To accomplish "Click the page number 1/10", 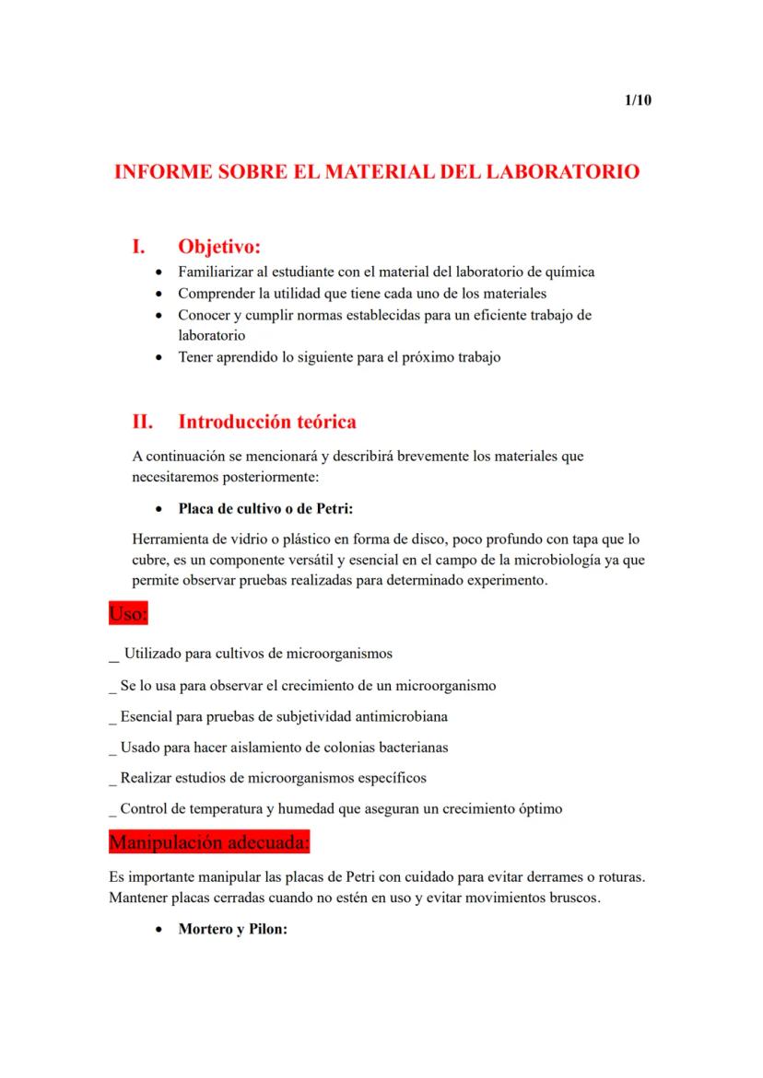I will pos(638,100).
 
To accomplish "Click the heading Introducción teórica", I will pos(267,422).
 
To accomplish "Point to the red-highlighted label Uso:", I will pos(128,613).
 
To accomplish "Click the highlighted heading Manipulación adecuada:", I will pos(209,841).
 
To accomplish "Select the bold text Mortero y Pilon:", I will pos(233,930).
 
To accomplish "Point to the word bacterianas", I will pos(412,747).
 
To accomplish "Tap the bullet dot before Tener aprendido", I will pos(161,357).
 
